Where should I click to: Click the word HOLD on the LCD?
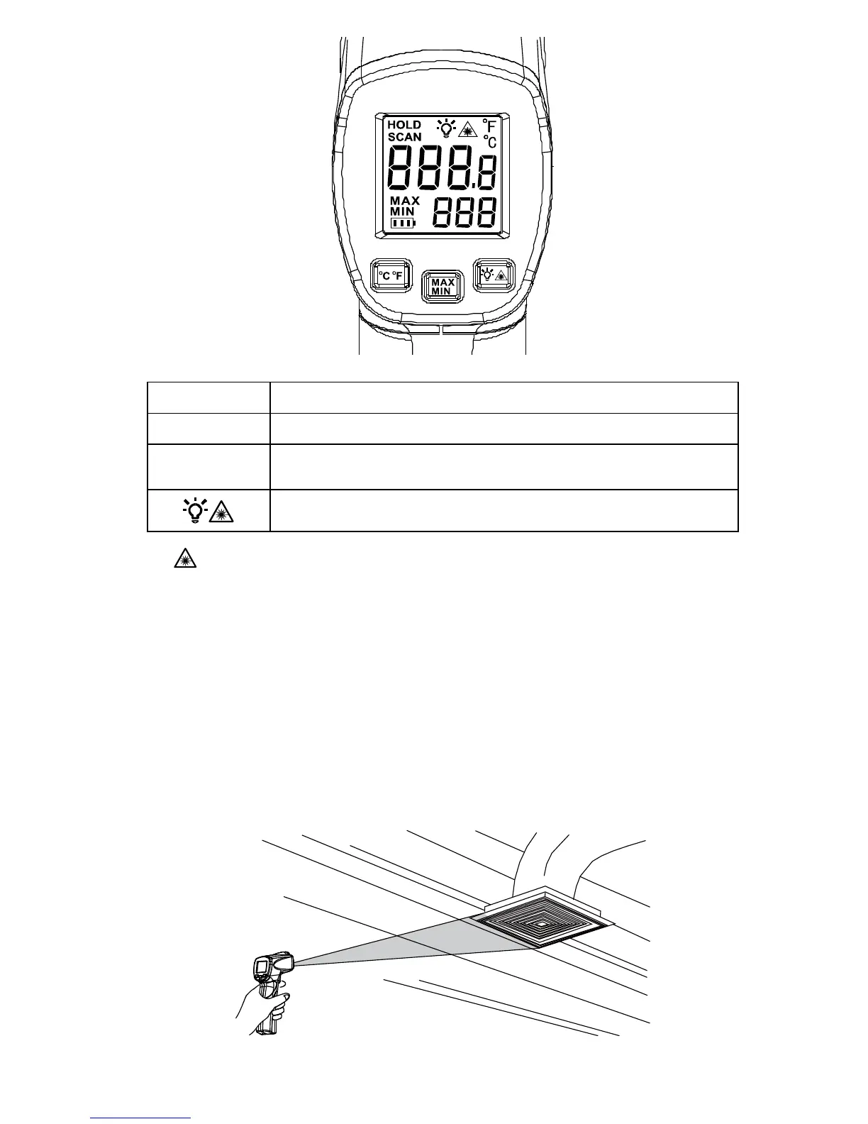[404, 125]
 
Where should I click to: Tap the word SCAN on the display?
[404, 137]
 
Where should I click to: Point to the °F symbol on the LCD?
[489, 126]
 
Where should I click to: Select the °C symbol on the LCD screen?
[489, 141]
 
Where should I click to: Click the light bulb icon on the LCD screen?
[445, 128]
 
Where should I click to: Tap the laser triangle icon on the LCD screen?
[466, 129]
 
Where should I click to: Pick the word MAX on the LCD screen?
[405, 201]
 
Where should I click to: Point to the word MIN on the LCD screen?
[402, 211]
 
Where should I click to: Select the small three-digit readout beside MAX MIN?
[464, 213]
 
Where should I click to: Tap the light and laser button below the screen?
[494, 275]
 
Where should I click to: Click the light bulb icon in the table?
[194, 509]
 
